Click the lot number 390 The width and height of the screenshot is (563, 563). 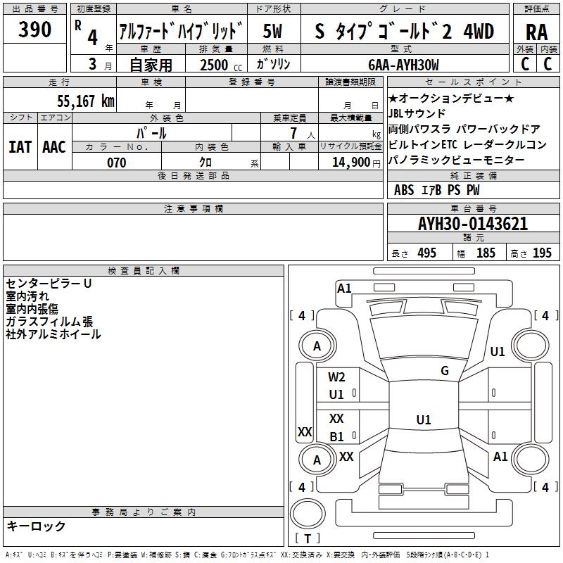coord(35,30)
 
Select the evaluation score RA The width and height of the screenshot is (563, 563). coord(536,31)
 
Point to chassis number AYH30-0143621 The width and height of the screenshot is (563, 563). coord(473,224)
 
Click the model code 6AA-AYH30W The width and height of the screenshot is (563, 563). coord(404,65)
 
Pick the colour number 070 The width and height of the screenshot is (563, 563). coord(116,163)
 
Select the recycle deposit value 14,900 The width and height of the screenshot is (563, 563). coord(350,163)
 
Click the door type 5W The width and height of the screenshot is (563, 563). coord(274,31)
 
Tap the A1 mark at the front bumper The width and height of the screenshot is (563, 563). coord(344,288)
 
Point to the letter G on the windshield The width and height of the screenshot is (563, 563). coord(445,371)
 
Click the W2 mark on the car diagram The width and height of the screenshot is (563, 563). coord(337,377)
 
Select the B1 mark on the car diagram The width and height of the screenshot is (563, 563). coord(337,436)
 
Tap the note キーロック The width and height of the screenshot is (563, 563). coord(36,526)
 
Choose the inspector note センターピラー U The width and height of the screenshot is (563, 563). coord(49,284)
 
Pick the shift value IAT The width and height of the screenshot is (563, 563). coord(20,146)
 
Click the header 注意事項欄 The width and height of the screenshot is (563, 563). coord(194,209)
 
